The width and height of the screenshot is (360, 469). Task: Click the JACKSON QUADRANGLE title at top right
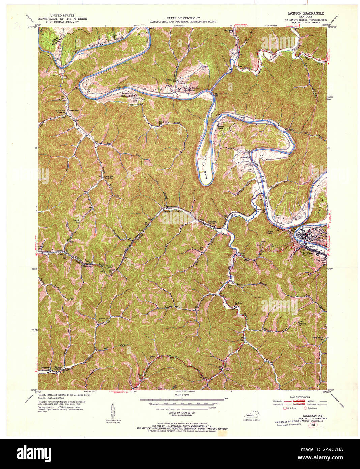coord(305,13)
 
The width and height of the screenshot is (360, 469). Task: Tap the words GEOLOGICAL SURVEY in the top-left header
coord(63,22)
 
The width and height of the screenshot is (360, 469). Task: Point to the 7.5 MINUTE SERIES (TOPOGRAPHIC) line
coord(305,20)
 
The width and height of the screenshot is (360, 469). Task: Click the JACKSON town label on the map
coord(307,253)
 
